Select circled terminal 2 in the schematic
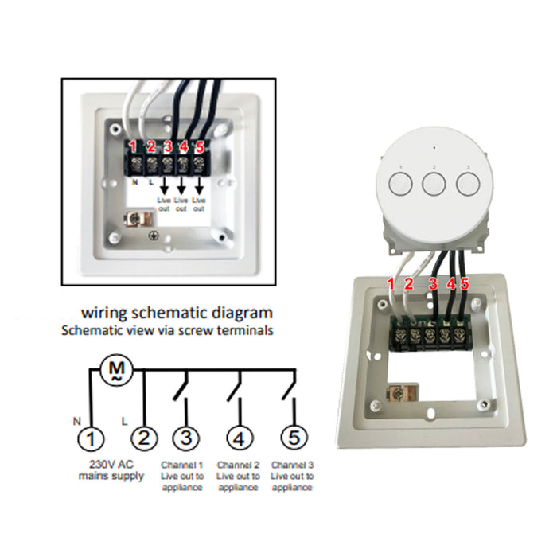point(144,438)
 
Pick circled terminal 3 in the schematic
point(186,438)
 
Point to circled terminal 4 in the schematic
point(240,438)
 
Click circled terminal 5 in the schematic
point(294,438)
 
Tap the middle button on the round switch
point(434,184)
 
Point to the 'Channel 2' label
point(239,464)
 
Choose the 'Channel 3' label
point(291,464)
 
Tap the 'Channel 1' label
point(183,464)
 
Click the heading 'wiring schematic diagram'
point(177,312)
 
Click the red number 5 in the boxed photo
point(200,146)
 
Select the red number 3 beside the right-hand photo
point(434,283)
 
